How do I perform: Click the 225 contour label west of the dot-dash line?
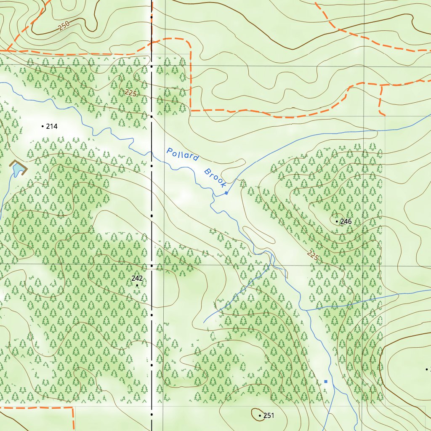point(130,93)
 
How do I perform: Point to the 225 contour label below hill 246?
point(312,255)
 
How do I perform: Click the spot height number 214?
point(52,126)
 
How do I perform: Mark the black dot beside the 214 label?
point(43,126)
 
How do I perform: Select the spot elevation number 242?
point(137,278)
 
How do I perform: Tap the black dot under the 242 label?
point(137,285)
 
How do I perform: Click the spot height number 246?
point(346,221)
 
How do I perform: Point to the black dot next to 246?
point(337,221)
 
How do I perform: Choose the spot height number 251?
point(269,416)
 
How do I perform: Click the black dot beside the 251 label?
point(260,416)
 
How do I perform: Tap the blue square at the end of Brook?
point(226,193)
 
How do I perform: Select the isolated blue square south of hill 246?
point(325,381)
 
